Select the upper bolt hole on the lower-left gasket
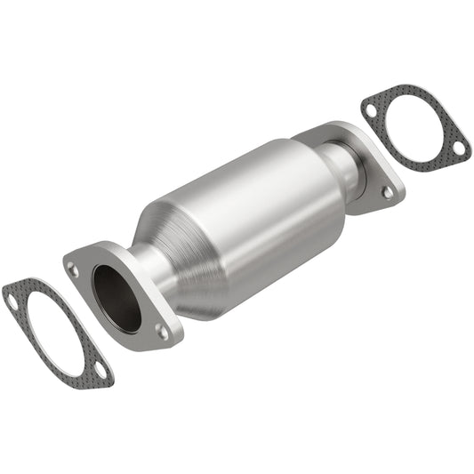(x=12, y=301)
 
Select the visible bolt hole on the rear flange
(x=387, y=189)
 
